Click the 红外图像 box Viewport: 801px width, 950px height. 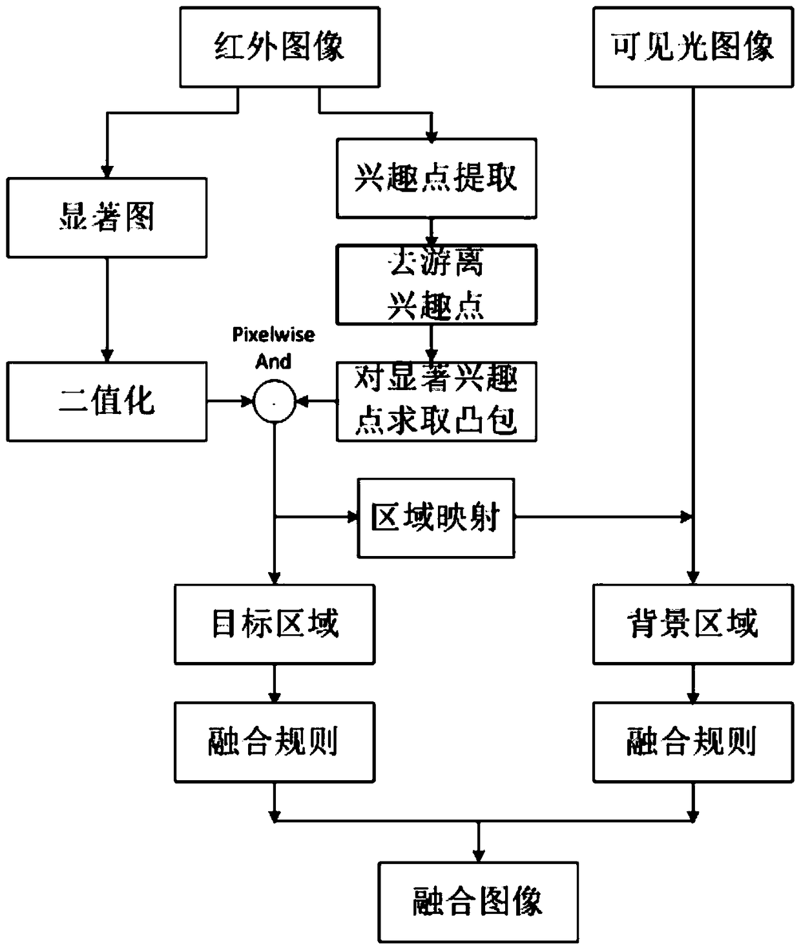279,47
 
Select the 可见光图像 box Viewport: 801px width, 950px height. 692,47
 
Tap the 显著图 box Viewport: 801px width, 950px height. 107,218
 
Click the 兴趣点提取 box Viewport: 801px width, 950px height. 436,178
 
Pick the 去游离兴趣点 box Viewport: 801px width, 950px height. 436,284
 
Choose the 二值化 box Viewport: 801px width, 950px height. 107,401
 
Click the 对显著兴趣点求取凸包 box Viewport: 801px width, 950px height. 436,401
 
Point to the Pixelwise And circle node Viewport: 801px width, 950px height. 274,402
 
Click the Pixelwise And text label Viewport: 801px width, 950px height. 274,347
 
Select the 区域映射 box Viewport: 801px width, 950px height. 436,517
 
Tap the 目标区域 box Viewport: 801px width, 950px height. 274,624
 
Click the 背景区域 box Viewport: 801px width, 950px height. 692,624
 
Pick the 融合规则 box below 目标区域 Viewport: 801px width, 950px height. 274,742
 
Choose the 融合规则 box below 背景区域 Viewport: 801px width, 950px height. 692,742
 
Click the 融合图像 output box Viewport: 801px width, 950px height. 478,902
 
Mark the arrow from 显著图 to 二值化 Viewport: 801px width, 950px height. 107,310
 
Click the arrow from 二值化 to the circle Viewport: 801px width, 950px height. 229,402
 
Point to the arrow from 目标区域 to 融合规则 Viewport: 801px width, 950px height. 274,683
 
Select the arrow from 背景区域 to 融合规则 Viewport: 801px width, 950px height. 692,683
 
